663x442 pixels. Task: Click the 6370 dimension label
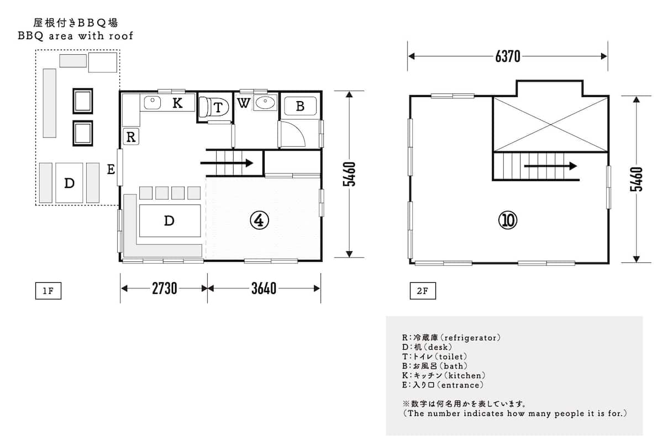508,56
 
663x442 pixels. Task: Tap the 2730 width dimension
164,288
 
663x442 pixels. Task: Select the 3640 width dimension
264,288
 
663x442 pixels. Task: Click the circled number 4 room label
259,220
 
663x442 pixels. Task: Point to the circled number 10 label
508,220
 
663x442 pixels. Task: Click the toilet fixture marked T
214,107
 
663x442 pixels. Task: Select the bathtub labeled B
300,106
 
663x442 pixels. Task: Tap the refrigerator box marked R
131,137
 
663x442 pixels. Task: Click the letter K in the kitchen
177,103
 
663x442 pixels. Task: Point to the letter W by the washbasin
243,103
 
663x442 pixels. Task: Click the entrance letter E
111,169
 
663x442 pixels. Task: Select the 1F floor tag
48,291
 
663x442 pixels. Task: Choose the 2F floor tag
423,291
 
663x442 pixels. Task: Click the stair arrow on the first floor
227,163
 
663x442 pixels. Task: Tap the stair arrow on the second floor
550,166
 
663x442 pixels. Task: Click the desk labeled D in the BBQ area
69,183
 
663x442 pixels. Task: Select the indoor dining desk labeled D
170,220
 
